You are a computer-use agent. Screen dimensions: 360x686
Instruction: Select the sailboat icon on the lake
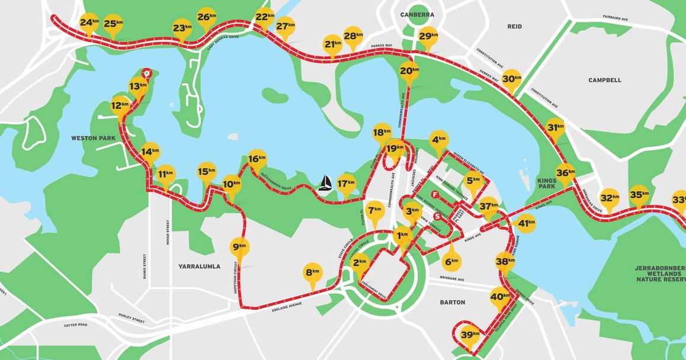click(x=325, y=184)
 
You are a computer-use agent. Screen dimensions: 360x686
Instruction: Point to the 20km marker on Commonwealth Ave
click(x=406, y=71)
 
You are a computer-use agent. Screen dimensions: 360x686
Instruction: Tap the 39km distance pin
click(x=470, y=335)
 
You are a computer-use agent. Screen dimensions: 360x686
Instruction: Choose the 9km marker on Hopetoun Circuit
click(x=239, y=246)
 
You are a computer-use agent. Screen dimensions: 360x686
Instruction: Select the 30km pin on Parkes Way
click(x=512, y=79)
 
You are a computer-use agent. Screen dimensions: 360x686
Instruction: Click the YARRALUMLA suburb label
click(x=199, y=266)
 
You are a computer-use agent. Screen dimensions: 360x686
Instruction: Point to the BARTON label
click(x=453, y=302)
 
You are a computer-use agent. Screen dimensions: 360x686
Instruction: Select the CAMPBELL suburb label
click(x=604, y=80)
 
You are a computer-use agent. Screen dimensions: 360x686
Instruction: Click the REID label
click(x=514, y=27)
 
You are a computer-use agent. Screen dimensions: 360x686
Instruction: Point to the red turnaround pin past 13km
click(x=148, y=74)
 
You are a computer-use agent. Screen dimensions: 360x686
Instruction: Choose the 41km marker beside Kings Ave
click(x=526, y=224)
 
